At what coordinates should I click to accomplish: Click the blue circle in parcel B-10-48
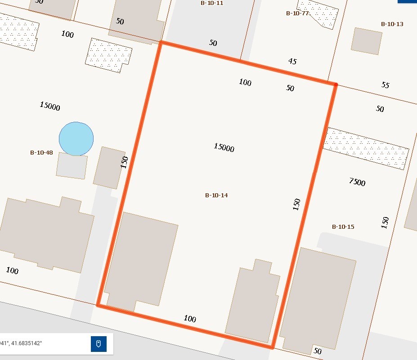[x=76, y=139]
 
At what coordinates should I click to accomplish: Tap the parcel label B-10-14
[x=216, y=195]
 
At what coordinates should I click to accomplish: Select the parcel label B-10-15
[x=343, y=227]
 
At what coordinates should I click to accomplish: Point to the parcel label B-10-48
[x=41, y=152]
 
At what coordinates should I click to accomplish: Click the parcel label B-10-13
[x=392, y=24]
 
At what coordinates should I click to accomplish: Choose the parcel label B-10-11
[x=212, y=3]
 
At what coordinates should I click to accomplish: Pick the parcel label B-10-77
[x=297, y=13]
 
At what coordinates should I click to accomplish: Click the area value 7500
[x=357, y=182]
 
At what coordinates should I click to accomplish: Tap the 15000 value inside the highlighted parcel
[x=224, y=147]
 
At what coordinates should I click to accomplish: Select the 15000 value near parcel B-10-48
[x=50, y=106]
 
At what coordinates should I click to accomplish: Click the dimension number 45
[x=292, y=61]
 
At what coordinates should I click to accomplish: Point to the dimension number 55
[x=385, y=84]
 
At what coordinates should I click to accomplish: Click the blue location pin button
[x=99, y=344]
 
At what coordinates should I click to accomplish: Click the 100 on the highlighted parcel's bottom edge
[x=190, y=319]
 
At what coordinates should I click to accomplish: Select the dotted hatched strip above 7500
[x=367, y=148]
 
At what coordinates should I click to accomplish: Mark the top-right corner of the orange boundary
[x=336, y=84]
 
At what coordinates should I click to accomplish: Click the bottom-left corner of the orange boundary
[x=98, y=305]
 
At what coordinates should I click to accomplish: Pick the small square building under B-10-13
[x=366, y=41]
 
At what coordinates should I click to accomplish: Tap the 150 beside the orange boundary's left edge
[x=125, y=162]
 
